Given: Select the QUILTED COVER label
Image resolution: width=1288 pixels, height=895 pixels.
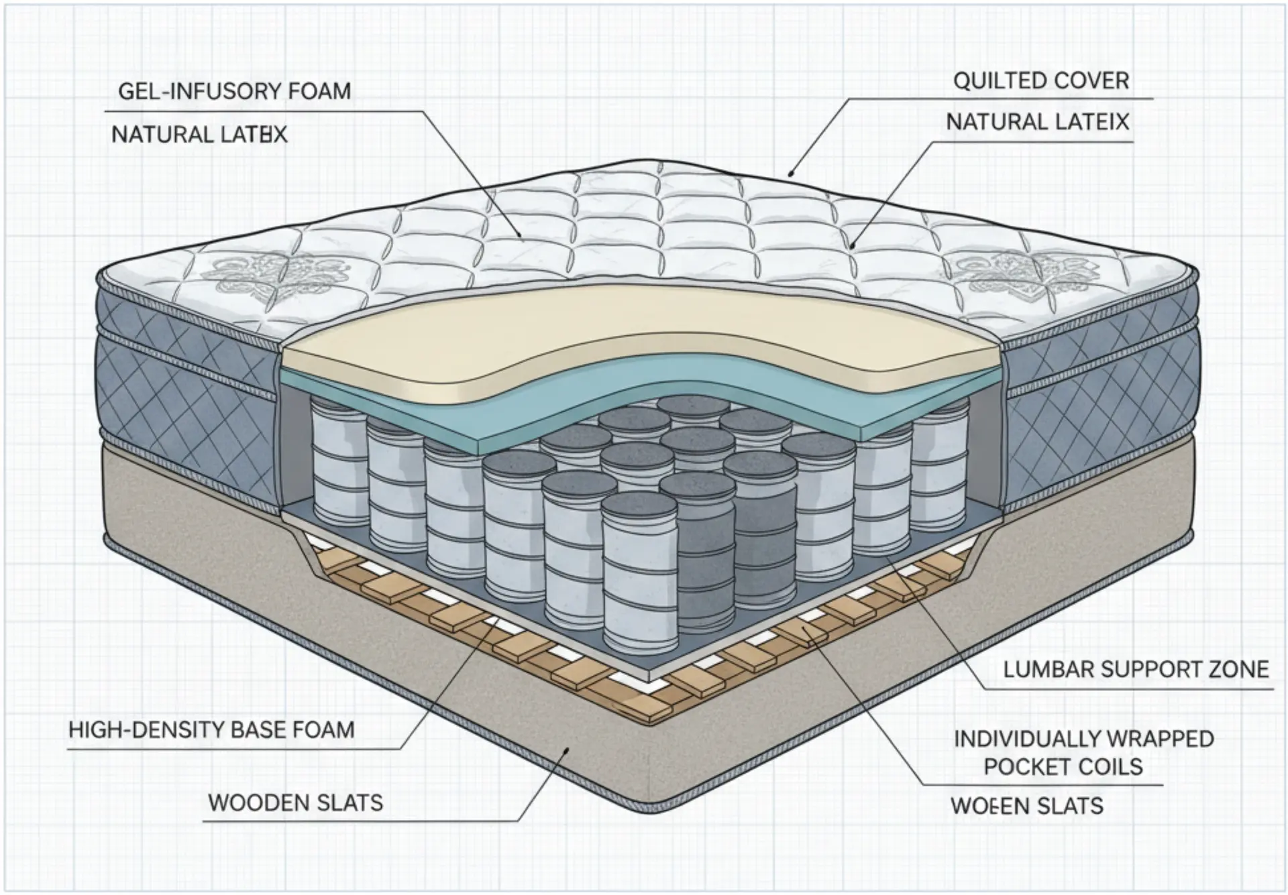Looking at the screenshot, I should [1041, 81].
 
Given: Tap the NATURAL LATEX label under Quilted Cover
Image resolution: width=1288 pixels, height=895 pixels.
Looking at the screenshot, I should [1037, 122].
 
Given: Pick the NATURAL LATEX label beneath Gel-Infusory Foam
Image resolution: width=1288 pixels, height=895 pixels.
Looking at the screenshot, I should [199, 135].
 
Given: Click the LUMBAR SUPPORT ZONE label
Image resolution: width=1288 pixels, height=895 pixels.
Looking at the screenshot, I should [1136, 669].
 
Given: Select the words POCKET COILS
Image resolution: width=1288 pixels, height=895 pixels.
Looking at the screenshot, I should [1063, 767].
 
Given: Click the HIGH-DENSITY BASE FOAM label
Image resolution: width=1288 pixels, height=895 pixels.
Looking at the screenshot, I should [211, 729].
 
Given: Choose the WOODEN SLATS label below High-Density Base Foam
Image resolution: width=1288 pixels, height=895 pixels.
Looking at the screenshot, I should [295, 802].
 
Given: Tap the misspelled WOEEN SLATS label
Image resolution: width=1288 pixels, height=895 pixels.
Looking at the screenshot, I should [1026, 806].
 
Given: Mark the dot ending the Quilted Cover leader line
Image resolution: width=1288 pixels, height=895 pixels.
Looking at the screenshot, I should [792, 174].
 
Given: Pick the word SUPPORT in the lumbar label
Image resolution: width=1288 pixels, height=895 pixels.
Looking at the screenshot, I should [1149, 669].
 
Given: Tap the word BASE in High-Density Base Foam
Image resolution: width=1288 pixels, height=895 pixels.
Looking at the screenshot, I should [264, 729].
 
